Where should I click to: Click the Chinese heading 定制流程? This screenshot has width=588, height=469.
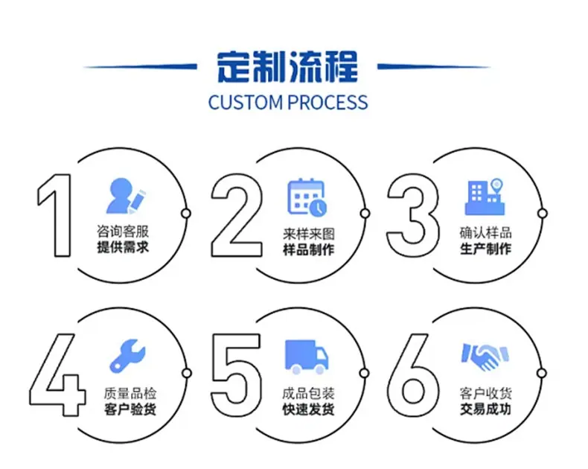click(287, 67)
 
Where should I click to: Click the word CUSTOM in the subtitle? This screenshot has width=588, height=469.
click(246, 103)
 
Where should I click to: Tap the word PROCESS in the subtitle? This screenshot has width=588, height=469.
click(328, 103)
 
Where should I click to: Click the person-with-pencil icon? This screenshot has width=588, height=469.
click(126, 196)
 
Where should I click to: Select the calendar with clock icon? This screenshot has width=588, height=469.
click(307, 197)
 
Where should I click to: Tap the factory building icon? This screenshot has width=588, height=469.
click(485, 197)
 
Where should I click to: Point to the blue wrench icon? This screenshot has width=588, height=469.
click(127, 356)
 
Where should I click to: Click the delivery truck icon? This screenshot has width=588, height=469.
click(307, 357)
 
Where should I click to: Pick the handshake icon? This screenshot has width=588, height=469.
click(485, 357)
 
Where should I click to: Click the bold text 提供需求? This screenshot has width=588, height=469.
click(123, 247)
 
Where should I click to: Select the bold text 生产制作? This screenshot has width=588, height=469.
click(485, 249)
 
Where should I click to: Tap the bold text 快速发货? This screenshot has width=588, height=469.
click(308, 409)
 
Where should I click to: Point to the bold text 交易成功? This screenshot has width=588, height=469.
click(485, 409)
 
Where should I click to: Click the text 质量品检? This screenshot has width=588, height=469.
click(130, 394)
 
